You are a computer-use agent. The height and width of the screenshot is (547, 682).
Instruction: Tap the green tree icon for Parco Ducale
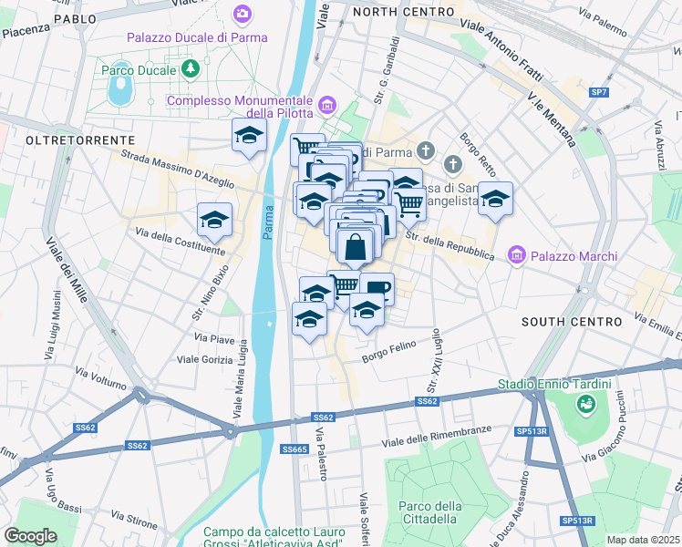[x=190, y=68]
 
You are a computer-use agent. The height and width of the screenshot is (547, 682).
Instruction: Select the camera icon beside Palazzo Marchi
[x=517, y=256]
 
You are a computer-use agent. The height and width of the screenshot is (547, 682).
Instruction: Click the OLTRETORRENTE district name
[x=80, y=140]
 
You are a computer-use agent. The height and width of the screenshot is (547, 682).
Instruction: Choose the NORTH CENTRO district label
[x=402, y=12]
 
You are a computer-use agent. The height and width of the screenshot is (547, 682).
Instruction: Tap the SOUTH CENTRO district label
[x=571, y=323]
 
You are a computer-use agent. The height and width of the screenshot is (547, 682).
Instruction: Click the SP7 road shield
[x=598, y=92]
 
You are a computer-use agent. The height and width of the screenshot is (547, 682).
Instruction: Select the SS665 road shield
[x=294, y=449]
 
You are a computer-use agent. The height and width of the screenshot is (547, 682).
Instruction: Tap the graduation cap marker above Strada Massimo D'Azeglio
[x=249, y=136]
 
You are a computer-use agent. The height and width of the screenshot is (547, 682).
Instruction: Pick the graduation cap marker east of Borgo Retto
[x=495, y=199]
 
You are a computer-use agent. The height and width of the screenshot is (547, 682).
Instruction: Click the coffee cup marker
[x=377, y=288]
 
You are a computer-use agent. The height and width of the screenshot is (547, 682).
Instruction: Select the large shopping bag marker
[x=356, y=246]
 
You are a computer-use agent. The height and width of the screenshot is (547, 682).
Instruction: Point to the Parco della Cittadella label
[x=428, y=512]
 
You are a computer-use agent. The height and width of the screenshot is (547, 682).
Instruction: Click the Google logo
[x=30, y=535]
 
